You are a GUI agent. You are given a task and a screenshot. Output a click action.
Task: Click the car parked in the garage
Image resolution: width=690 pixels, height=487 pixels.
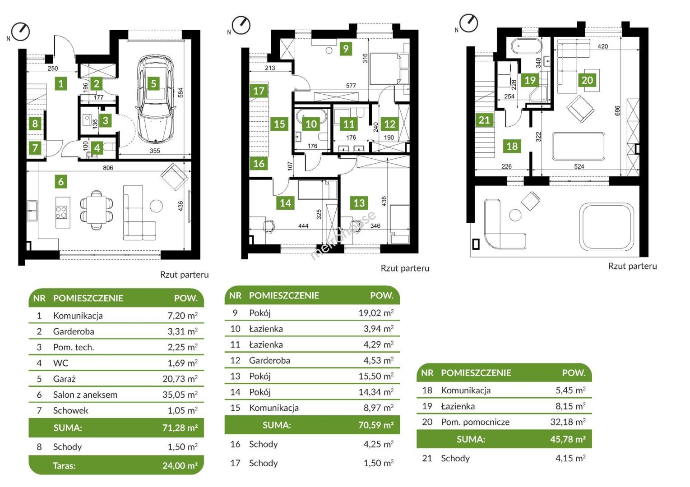pos(156,99)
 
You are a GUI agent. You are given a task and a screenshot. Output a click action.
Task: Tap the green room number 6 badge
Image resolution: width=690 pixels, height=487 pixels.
pos(61,182)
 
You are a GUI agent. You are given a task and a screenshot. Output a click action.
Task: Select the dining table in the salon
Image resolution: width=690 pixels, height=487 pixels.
pos(97,210)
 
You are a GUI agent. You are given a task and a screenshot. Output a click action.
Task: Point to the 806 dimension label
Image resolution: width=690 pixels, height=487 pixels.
pos(108,168)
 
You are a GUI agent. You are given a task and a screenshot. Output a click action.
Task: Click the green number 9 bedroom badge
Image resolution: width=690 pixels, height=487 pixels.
pos(346,48)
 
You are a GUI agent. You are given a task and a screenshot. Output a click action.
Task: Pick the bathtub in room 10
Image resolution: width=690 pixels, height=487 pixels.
pos(311,117)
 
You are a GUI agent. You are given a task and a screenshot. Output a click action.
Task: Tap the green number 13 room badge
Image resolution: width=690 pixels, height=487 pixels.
pos(359,203)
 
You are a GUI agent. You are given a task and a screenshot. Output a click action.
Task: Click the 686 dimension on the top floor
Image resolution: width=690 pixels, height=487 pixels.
pos(617,111)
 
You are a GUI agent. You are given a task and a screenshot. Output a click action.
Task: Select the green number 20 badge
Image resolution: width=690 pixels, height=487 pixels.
pos(587,80)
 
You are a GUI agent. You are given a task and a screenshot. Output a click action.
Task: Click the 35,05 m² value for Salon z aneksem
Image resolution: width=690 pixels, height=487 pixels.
pos(180,395)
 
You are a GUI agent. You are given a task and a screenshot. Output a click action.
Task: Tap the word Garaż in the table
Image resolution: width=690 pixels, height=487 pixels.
pos(65,379)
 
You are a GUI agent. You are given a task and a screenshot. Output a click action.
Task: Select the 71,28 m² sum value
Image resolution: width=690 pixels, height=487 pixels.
pos(180,427)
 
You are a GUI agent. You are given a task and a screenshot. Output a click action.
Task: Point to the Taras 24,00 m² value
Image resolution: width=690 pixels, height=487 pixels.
pos(180,465)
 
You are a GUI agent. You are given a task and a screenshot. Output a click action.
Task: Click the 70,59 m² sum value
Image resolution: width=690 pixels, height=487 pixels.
pos(376,425)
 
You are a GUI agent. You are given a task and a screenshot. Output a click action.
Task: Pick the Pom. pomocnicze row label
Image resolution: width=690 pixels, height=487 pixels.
pos(475,422)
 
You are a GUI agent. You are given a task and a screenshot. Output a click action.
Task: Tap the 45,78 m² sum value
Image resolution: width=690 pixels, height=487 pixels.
pos(568,439)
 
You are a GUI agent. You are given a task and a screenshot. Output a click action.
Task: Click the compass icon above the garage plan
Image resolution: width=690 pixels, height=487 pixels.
pos(20,32)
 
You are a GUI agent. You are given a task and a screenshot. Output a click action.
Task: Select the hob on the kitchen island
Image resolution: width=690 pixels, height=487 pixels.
pos(61,212)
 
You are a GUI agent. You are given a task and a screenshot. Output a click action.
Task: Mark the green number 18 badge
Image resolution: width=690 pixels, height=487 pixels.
pos(512,146)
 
